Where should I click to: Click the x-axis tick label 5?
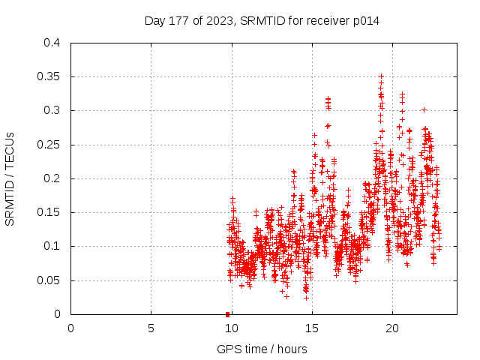pos(151,328)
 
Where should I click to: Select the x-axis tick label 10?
pos(231,328)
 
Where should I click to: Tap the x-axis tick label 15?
pos(311,328)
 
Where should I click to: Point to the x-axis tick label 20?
pos(391,328)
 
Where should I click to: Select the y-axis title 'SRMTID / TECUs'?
pos(10,178)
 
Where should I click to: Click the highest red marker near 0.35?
pos(381,76)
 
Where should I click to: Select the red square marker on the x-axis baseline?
pos(227,313)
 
